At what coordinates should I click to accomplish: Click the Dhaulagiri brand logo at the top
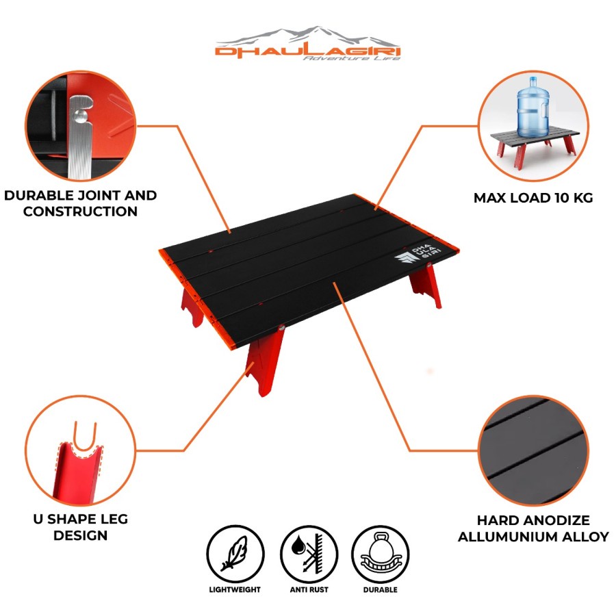tap(308, 44)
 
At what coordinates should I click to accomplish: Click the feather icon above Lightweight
tap(235, 554)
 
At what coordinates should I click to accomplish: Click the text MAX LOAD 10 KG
tap(533, 198)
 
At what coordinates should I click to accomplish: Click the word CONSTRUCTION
tap(81, 211)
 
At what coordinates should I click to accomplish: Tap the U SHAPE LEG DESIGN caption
tap(81, 527)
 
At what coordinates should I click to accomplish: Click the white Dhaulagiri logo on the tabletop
tap(418, 255)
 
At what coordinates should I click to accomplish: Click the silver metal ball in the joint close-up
tap(81, 116)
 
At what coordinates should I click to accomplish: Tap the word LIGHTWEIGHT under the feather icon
tap(235, 590)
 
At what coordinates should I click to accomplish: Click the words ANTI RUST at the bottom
tap(309, 590)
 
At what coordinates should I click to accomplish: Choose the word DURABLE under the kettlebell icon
tap(381, 590)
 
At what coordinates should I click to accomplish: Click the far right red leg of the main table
tap(426, 285)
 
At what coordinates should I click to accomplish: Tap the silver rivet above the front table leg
tap(281, 327)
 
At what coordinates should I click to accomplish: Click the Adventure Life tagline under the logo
tap(351, 58)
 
